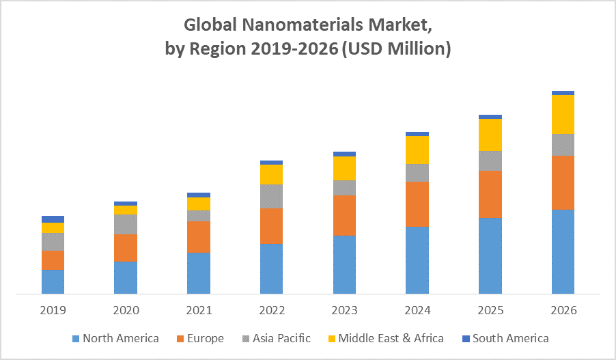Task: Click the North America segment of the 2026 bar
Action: tap(563, 251)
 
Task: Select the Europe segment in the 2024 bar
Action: tap(417, 204)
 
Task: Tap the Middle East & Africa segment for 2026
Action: tap(563, 114)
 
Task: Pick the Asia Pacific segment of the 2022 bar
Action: tap(272, 196)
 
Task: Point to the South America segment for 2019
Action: tap(53, 219)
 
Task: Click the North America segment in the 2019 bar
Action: tap(53, 281)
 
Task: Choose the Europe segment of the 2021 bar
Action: tap(199, 236)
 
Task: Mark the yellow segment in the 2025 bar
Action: tap(490, 135)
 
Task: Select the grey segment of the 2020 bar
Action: tap(126, 224)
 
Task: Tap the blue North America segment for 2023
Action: tap(344, 264)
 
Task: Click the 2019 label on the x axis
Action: tap(53, 310)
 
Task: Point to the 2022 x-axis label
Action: tap(272, 310)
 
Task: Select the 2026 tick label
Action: tap(563, 310)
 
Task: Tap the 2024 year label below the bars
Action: tap(417, 310)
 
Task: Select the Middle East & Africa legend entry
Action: tap(384, 338)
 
